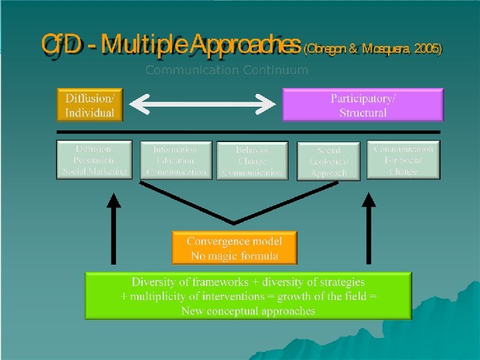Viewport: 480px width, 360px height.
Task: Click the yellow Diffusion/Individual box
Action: [90, 105]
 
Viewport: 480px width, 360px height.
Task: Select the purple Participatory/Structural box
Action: [363, 105]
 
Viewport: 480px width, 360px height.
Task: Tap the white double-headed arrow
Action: [202, 103]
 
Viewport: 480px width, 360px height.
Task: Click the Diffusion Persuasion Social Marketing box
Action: [94, 160]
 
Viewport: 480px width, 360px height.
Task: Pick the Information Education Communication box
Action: [176, 161]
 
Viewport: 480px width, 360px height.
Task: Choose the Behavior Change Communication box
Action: [253, 161]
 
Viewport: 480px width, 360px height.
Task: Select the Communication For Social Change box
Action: [403, 160]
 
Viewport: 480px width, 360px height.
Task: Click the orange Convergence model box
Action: [234, 248]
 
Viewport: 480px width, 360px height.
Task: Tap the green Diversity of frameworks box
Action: [248, 295]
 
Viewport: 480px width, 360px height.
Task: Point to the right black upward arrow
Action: [369, 230]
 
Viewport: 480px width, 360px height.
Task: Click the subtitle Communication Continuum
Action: [227, 69]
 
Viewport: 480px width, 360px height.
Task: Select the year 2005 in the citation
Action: [425, 50]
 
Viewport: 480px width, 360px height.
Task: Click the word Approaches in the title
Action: [245, 45]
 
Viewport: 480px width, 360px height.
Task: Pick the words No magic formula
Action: [233, 256]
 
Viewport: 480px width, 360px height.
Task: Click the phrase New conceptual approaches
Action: [248, 311]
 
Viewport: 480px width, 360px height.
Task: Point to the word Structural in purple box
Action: [363, 113]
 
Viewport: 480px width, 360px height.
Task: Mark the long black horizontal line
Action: [249, 132]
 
